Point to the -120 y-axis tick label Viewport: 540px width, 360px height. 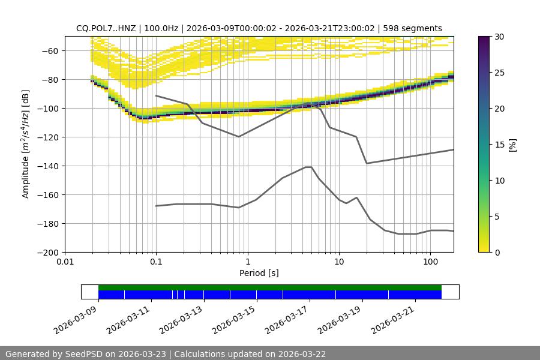51,137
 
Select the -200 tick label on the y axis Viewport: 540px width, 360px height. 51,252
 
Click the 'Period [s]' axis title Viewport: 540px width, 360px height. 259,273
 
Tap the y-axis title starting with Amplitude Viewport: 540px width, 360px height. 26,144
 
